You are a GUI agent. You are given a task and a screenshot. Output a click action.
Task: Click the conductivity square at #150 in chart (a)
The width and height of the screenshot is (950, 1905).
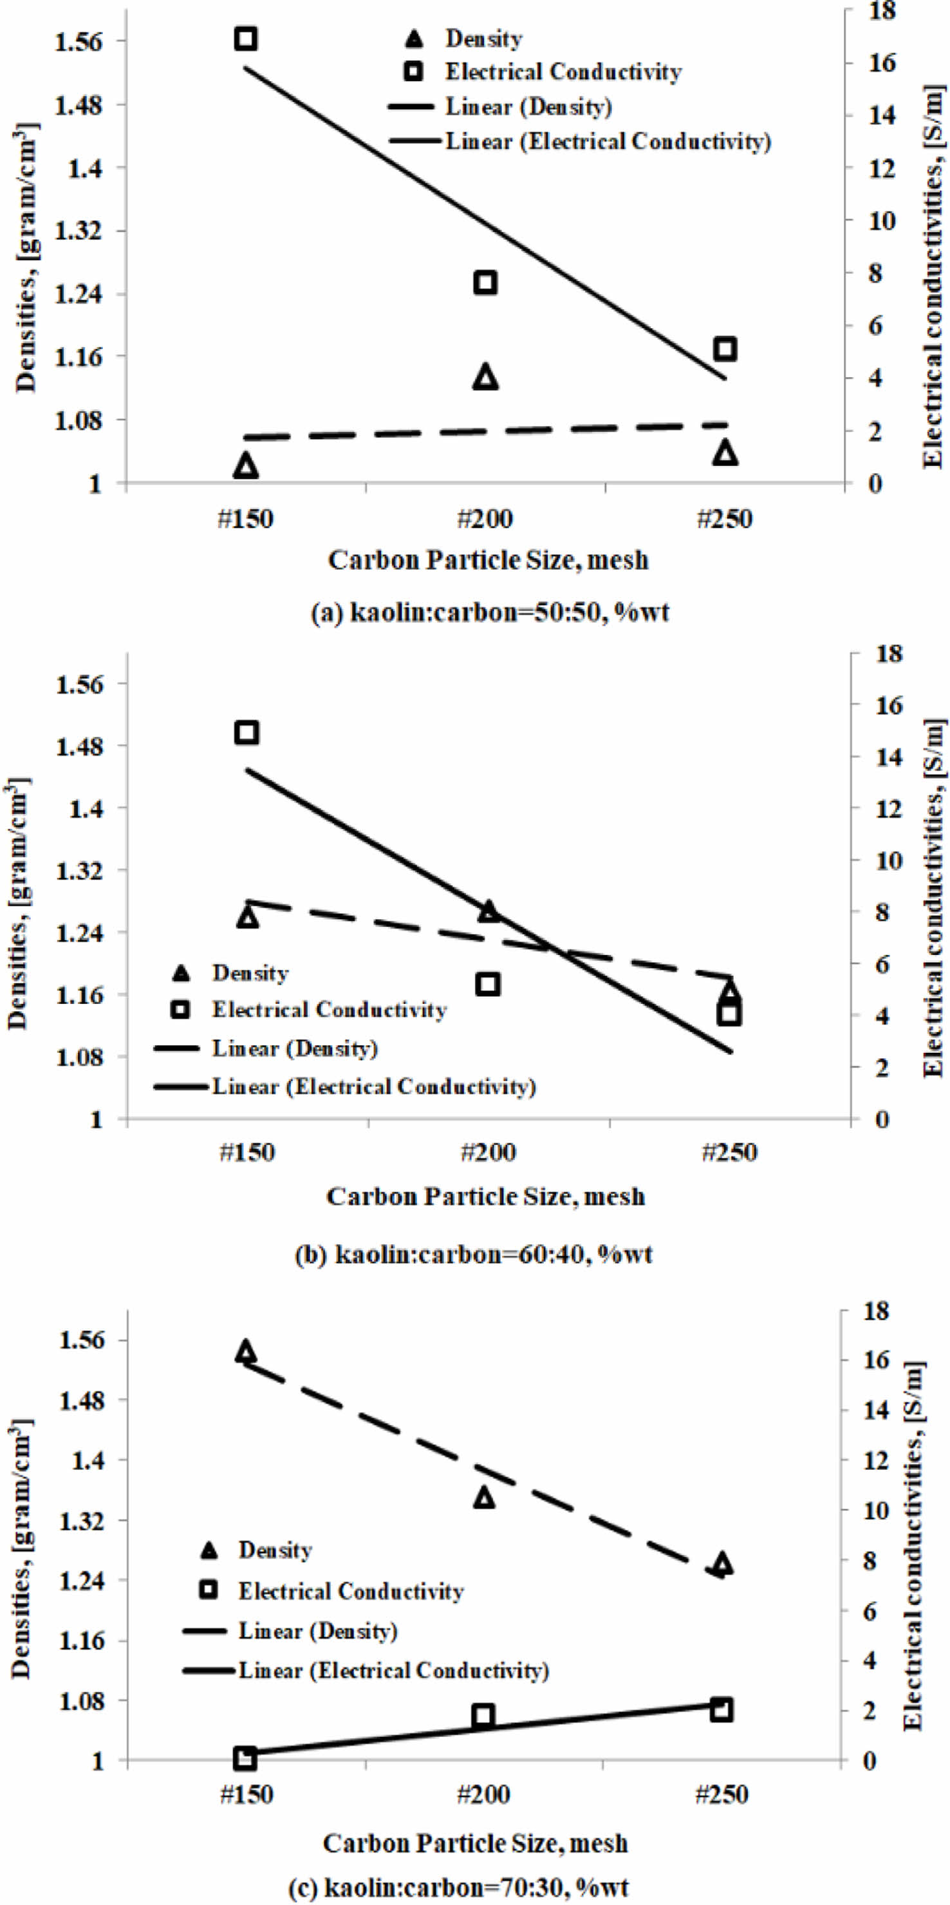246,39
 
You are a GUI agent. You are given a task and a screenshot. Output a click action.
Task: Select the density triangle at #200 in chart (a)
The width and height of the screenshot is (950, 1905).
486,377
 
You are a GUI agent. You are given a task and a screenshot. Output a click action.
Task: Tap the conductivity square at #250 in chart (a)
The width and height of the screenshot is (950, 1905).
725,348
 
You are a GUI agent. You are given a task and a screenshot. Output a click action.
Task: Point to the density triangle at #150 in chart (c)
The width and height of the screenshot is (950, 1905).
246,1351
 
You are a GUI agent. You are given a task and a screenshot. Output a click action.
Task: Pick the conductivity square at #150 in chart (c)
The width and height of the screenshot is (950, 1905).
245,1758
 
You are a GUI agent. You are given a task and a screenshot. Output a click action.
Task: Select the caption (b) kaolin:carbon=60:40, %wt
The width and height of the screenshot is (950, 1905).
474,1255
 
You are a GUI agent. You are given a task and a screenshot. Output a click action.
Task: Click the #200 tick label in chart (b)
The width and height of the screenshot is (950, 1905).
488,1152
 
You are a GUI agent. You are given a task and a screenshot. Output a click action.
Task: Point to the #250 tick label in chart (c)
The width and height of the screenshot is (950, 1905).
722,1795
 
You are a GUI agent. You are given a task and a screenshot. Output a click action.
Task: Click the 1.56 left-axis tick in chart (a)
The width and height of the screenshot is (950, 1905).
79,41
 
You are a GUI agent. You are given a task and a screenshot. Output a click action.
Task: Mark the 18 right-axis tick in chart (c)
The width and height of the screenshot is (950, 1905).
875,1311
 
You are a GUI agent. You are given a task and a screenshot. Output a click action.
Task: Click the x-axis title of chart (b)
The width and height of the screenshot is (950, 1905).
486,1196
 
